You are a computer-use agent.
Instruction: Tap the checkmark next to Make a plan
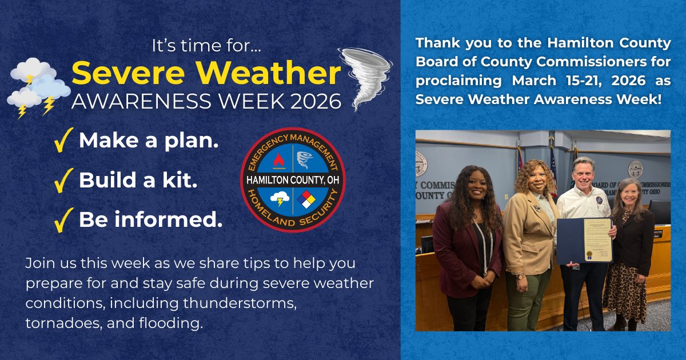63,141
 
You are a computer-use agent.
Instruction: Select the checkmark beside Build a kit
63,181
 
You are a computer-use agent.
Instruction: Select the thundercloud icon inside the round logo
280,199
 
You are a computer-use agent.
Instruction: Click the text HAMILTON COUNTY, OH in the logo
293,180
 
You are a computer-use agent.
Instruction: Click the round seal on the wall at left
422,163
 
